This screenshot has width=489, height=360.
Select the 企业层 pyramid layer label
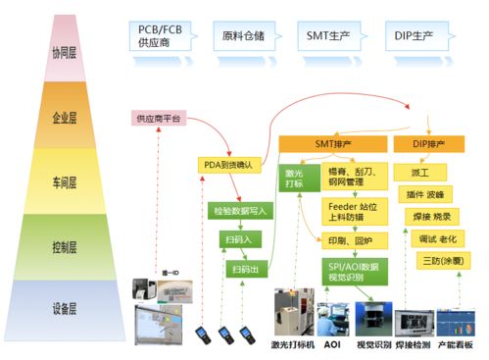[x=66, y=118]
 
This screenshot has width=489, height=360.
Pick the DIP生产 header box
[x=414, y=37]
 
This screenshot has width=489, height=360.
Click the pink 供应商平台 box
[x=159, y=119]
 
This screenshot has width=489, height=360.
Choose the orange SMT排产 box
[x=330, y=145]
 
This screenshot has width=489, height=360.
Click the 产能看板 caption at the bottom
[x=456, y=346]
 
